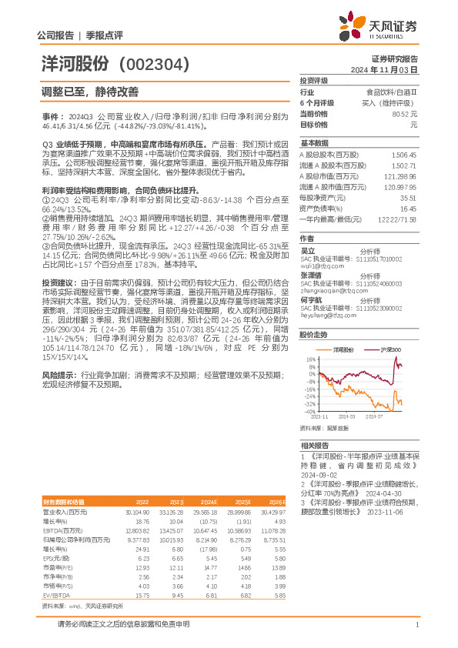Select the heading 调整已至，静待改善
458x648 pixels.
coord(90,92)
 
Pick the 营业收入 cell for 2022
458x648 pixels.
coord(136,511)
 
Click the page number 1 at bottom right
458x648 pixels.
coord(416,625)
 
